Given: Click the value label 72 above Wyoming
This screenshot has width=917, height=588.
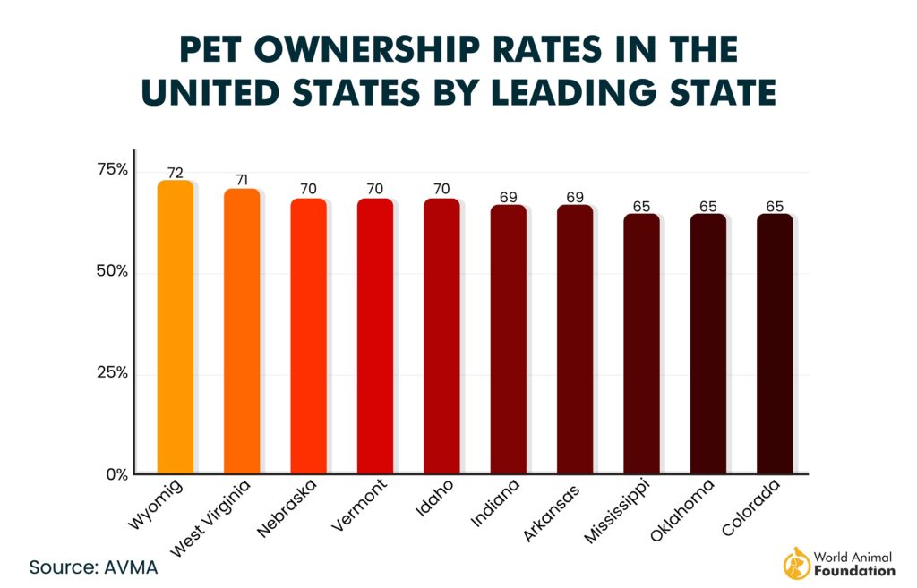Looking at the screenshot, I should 176,172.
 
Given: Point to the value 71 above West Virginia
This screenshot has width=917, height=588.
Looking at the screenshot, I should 242,180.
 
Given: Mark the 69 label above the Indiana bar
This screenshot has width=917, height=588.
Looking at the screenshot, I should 509,196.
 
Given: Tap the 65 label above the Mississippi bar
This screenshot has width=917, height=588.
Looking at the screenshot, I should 641,206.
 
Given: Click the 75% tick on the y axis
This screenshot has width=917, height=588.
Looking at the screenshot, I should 113,170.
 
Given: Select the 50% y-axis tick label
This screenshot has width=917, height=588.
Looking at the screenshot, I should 113,271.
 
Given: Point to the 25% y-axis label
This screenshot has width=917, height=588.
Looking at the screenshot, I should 113,372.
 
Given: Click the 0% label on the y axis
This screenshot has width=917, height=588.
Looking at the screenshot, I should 117,474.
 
